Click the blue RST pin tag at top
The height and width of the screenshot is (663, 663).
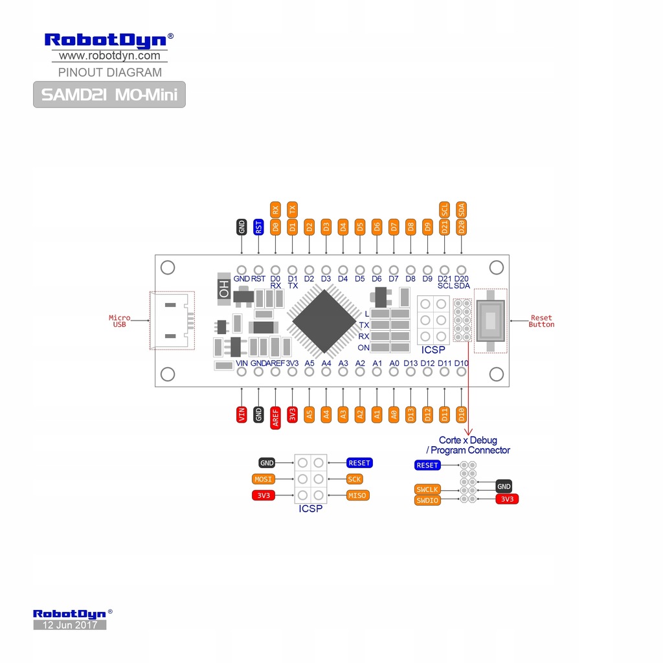pos(258,227)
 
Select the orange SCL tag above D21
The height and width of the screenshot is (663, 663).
pos(444,210)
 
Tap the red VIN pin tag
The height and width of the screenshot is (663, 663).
pos(242,414)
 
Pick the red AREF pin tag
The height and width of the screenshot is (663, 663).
pos(275,414)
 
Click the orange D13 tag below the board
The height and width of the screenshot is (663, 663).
pos(410,414)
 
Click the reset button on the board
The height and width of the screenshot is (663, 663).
pos(491,320)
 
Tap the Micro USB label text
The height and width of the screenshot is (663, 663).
pos(119,321)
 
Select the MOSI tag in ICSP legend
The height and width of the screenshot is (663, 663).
pos(264,479)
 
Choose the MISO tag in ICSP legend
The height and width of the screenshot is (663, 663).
pos(357,495)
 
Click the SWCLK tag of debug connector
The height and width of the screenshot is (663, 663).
pos(427,489)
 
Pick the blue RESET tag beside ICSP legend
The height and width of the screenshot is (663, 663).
pos(359,463)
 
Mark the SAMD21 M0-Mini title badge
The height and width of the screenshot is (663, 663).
pos(109,95)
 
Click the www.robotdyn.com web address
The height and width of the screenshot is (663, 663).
pos(109,56)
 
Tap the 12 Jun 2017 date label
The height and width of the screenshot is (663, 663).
pos(69,625)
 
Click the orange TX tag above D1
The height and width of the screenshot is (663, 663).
pos(292,208)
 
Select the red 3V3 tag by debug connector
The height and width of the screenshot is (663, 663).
pos(507,499)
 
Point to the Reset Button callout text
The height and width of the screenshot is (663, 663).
pos(541,321)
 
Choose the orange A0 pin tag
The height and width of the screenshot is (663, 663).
pos(394,414)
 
